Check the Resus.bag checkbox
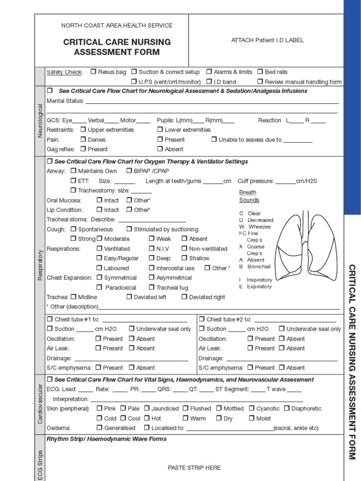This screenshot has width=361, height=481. (94, 72)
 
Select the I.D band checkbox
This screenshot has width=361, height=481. (209, 82)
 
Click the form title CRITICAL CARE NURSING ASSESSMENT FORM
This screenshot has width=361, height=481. (117, 47)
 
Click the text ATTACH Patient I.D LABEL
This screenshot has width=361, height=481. (267, 40)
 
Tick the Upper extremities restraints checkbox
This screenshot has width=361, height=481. (83, 130)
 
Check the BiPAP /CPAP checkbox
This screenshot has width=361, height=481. (129, 171)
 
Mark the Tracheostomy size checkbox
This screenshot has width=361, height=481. (73, 190)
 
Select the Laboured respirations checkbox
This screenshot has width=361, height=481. (99, 268)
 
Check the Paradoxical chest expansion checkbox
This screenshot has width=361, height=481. (99, 287)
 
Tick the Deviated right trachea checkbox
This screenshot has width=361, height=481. (184, 297)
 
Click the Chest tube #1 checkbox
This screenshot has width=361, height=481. (50, 319)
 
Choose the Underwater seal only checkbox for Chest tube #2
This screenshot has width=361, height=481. (282, 329)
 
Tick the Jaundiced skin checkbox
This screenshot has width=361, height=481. (147, 409)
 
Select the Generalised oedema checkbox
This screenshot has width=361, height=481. (99, 428)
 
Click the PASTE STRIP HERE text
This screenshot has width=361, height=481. (194, 468)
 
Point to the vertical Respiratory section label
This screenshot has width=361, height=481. (40, 265)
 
